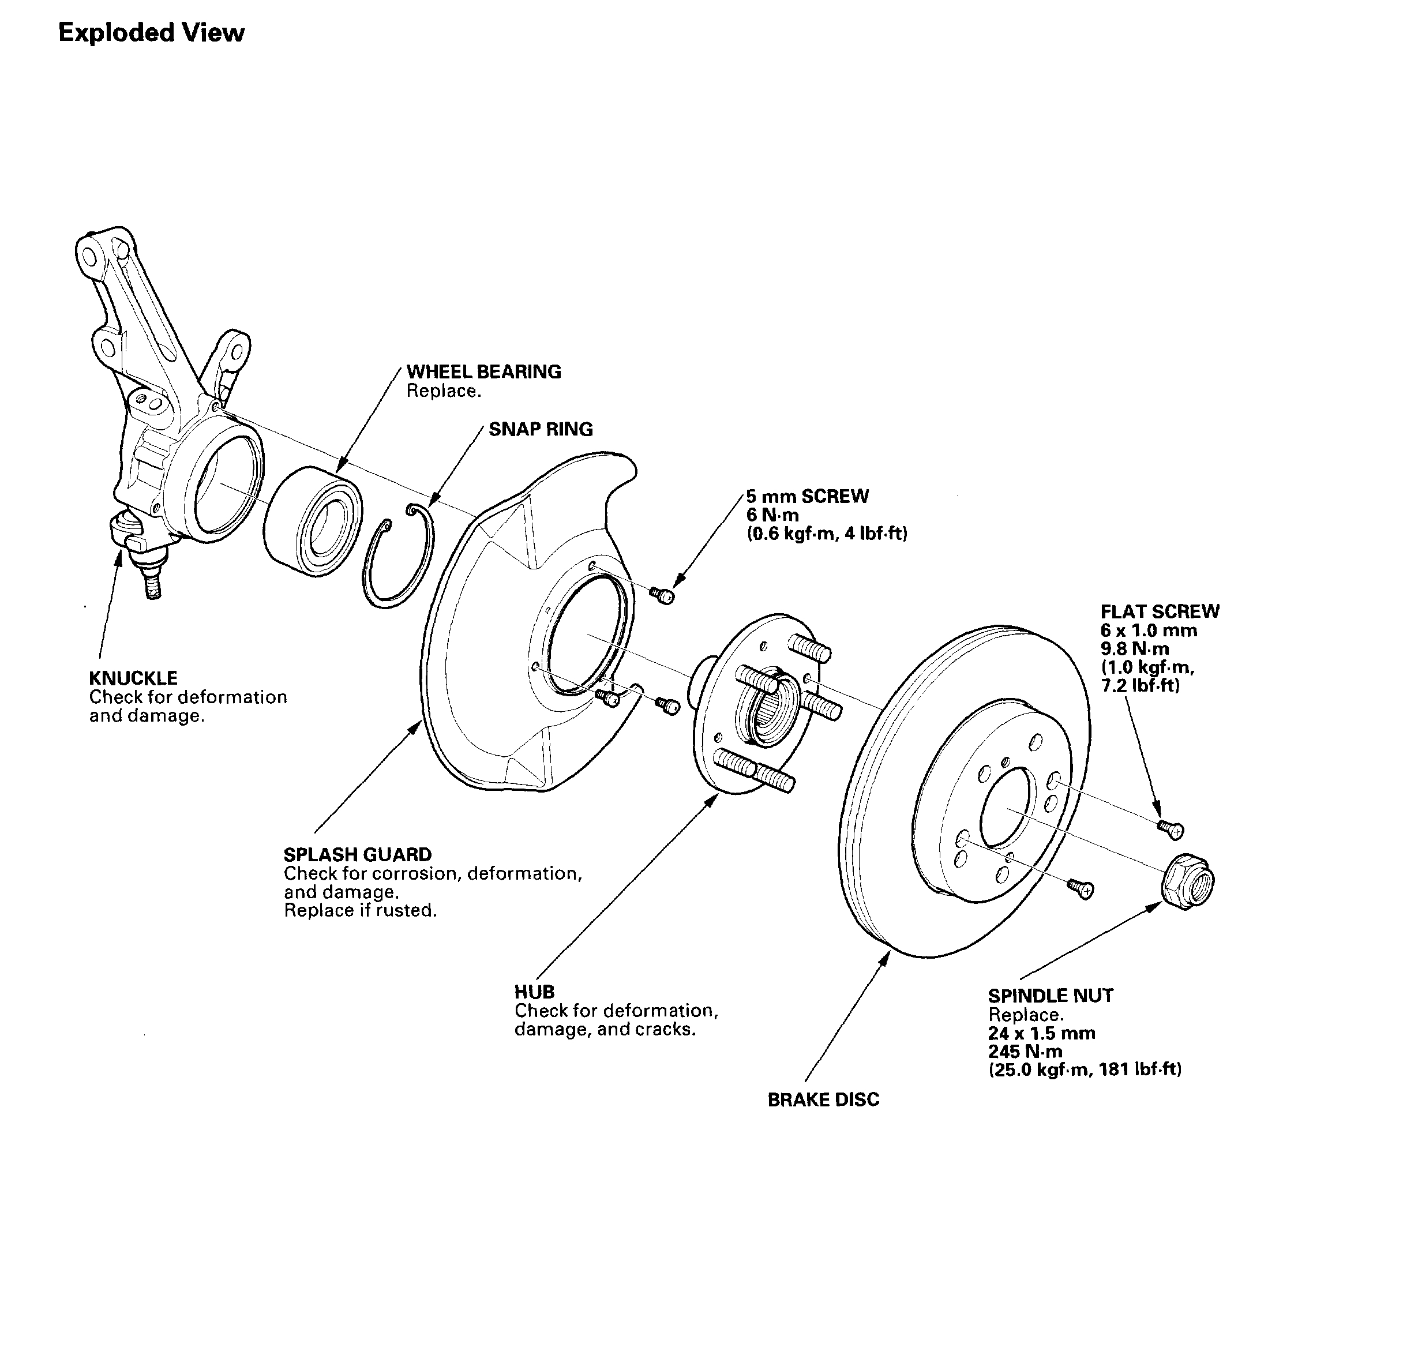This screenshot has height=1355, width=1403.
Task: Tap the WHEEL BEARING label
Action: [x=483, y=371]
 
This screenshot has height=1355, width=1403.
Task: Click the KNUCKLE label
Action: [x=133, y=677]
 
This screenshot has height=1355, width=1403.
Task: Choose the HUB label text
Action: [x=534, y=992]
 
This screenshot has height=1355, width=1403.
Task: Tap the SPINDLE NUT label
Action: [x=1050, y=996]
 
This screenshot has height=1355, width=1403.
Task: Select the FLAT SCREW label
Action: [x=1160, y=611]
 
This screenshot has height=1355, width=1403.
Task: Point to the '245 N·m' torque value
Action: [x=1025, y=1052]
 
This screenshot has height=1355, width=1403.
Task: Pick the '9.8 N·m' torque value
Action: [x=1135, y=648]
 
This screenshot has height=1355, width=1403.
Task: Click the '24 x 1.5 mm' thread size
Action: [x=1041, y=1033]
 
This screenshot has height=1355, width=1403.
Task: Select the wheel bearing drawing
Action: [x=312, y=513]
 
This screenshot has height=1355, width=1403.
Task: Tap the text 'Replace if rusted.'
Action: [x=360, y=910]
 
